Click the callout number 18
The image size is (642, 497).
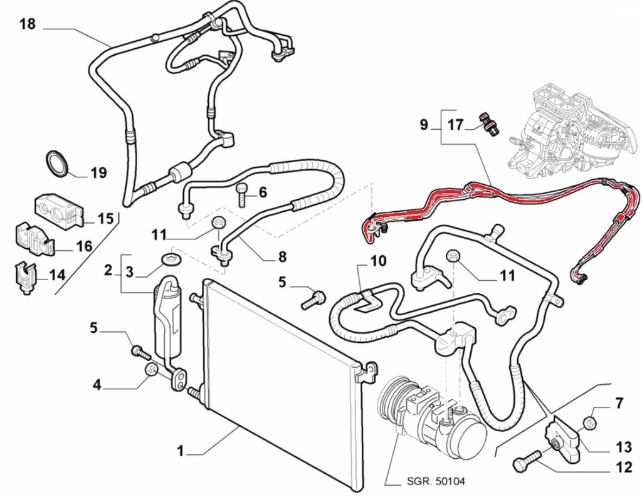27,24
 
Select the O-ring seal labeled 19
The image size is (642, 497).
57,163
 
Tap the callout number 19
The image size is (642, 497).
98,173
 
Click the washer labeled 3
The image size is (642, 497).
169,258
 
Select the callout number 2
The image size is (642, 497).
108,271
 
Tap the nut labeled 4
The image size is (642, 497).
150,370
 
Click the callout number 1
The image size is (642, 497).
180,450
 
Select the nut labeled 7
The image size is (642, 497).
589,422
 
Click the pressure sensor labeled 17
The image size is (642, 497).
488,123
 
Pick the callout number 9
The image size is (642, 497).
424,125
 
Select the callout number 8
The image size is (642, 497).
282,256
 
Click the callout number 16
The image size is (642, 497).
84,246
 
